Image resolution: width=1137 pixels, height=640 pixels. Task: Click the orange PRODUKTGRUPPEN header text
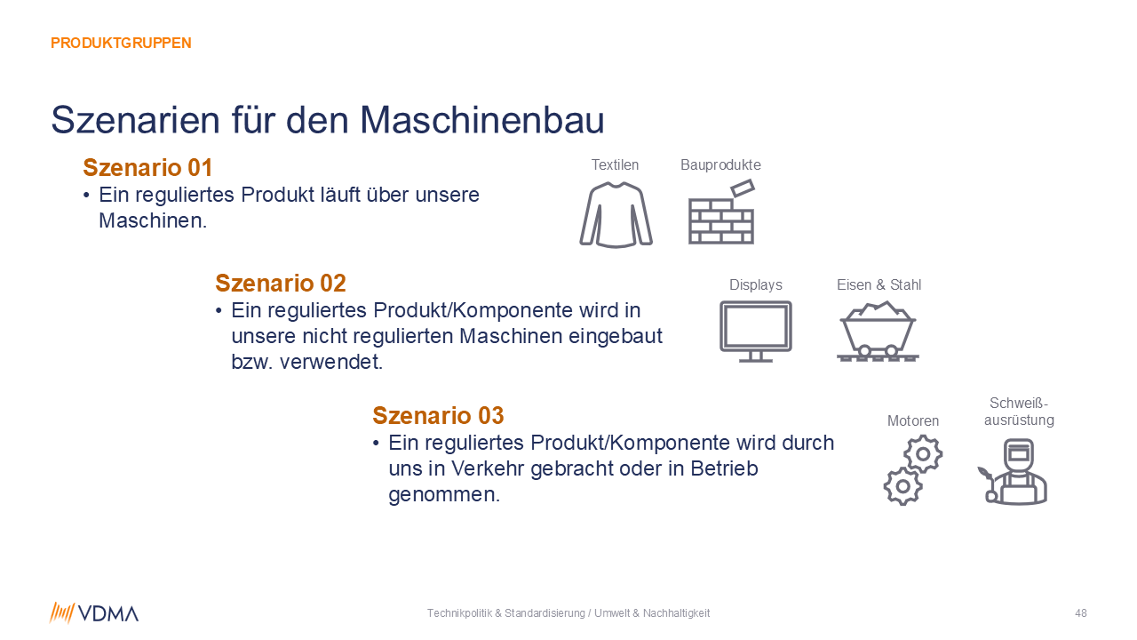[121, 44]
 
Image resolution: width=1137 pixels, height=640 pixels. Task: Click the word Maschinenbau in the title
[481, 120]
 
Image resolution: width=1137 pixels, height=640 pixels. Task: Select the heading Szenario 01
[147, 168]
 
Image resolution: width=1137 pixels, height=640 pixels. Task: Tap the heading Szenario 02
[280, 283]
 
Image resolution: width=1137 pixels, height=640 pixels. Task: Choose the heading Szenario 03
[438, 415]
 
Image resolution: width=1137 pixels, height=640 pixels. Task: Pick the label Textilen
[615, 165]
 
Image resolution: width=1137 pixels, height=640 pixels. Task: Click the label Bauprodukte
[720, 165]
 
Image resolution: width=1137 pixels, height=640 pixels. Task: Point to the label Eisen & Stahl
[879, 285]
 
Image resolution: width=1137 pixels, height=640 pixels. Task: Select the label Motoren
[912, 421]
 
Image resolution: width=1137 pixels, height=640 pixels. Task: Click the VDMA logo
[94, 613]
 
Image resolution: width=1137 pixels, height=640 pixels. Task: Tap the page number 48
[1081, 613]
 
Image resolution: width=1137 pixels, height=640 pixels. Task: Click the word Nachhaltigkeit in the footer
[676, 613]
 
